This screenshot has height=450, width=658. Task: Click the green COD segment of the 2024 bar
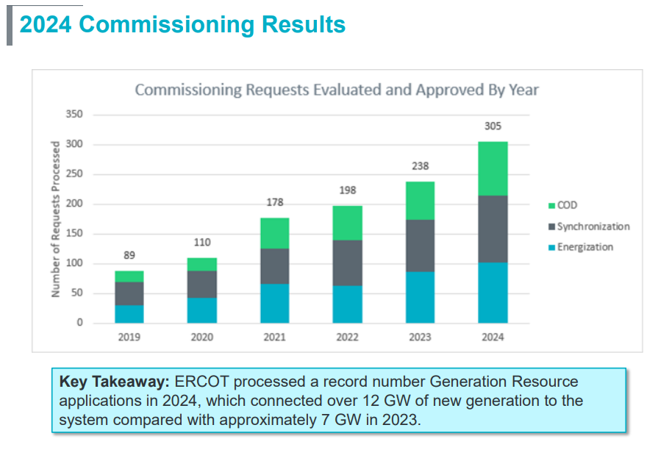point(493,168)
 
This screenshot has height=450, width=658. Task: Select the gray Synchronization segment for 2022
point(347,262)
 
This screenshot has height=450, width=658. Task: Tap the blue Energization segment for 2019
point(129,314)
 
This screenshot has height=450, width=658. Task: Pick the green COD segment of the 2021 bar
point(274,233)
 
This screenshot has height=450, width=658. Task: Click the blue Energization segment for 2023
point(420,297)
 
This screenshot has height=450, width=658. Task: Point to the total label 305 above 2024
point(493,126)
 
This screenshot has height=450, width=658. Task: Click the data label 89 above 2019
point(129,255)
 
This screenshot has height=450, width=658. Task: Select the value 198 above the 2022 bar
point(347,190)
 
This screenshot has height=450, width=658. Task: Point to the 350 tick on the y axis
point(74,115)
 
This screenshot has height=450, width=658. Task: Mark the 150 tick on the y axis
point(74,234)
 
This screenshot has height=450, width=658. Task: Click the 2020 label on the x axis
point(201,337)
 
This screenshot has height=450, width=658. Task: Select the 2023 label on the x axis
point(420,337)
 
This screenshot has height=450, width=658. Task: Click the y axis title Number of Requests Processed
point(56,218)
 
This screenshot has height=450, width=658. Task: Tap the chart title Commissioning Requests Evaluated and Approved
point(337,90)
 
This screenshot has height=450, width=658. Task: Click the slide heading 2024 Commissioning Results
point(182,24)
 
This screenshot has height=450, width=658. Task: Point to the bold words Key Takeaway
point(114,382)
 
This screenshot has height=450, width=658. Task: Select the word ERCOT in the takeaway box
point(200,382)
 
